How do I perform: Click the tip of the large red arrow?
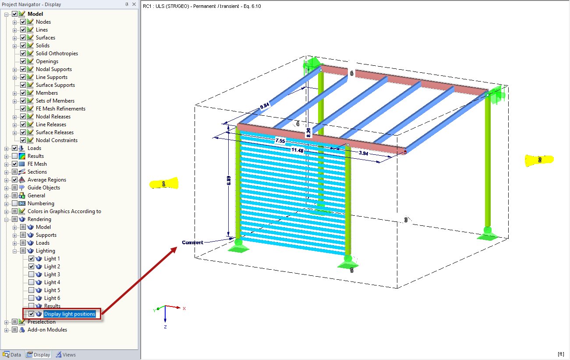pos(177,247)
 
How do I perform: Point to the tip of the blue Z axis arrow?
pos(165,322)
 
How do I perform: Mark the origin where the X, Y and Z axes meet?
pos(165,306)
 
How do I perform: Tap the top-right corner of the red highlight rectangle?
pos(101,308)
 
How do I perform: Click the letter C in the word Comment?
pos(184,242)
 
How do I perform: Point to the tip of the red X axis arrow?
pos(181,308)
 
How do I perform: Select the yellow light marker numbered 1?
pos(164,183)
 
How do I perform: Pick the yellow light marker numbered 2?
pos(539,160)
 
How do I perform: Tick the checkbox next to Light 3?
pos(31,274)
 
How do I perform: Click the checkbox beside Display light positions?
pos(31,314)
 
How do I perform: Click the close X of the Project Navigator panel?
pos(134,4)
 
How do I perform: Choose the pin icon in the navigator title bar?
pos(127,4)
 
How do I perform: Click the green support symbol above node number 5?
pos(348,262)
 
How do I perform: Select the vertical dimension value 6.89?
pos(229,181)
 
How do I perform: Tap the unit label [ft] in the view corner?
pos(561,354)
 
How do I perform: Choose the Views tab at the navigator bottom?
pos(66,354)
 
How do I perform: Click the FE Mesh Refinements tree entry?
pos(60,109)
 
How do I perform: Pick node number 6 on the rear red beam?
pos(351,73)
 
